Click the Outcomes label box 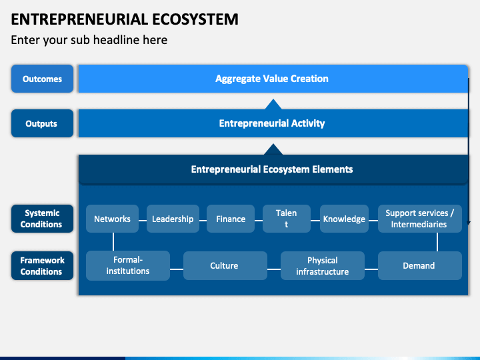pyautogui.click(x=42, y=79)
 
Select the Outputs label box pyautogui.click(x=42, y=123)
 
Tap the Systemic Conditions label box pyautogui.click(x=42, y=219)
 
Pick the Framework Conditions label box pyautogui.click(x=42, y=266)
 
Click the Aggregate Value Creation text pyautogui.click(x=272, y=79)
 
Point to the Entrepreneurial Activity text pyautogui.click(x=272, y=123)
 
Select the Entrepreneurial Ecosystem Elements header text pyautogui.click(x=272, y=169)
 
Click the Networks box pyautogui.click(x=113, y=219)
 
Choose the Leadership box pyautogui.click(x=173, y=219)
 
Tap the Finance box pyautogui.click(x=231, y=219)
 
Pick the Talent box pyautogui.click(x=287, y=219)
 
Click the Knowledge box pyautogui.click(x=344, y=219)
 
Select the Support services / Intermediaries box pyautogui.click(x=420, y=219)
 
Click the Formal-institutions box pyautogui.click(x=128, y=266)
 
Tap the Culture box pyautogui.click(x=225, y=266)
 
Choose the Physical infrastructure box pyautogui.click(x=323, y=266)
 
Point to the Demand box pyautogui.click(x=420, y=266)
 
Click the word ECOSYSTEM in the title pyautogui.click(x=195, y=19)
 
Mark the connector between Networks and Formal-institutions pyautogui.click(x=113, y=242)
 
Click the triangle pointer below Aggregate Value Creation pyautogui.click(x=273, y=104)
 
